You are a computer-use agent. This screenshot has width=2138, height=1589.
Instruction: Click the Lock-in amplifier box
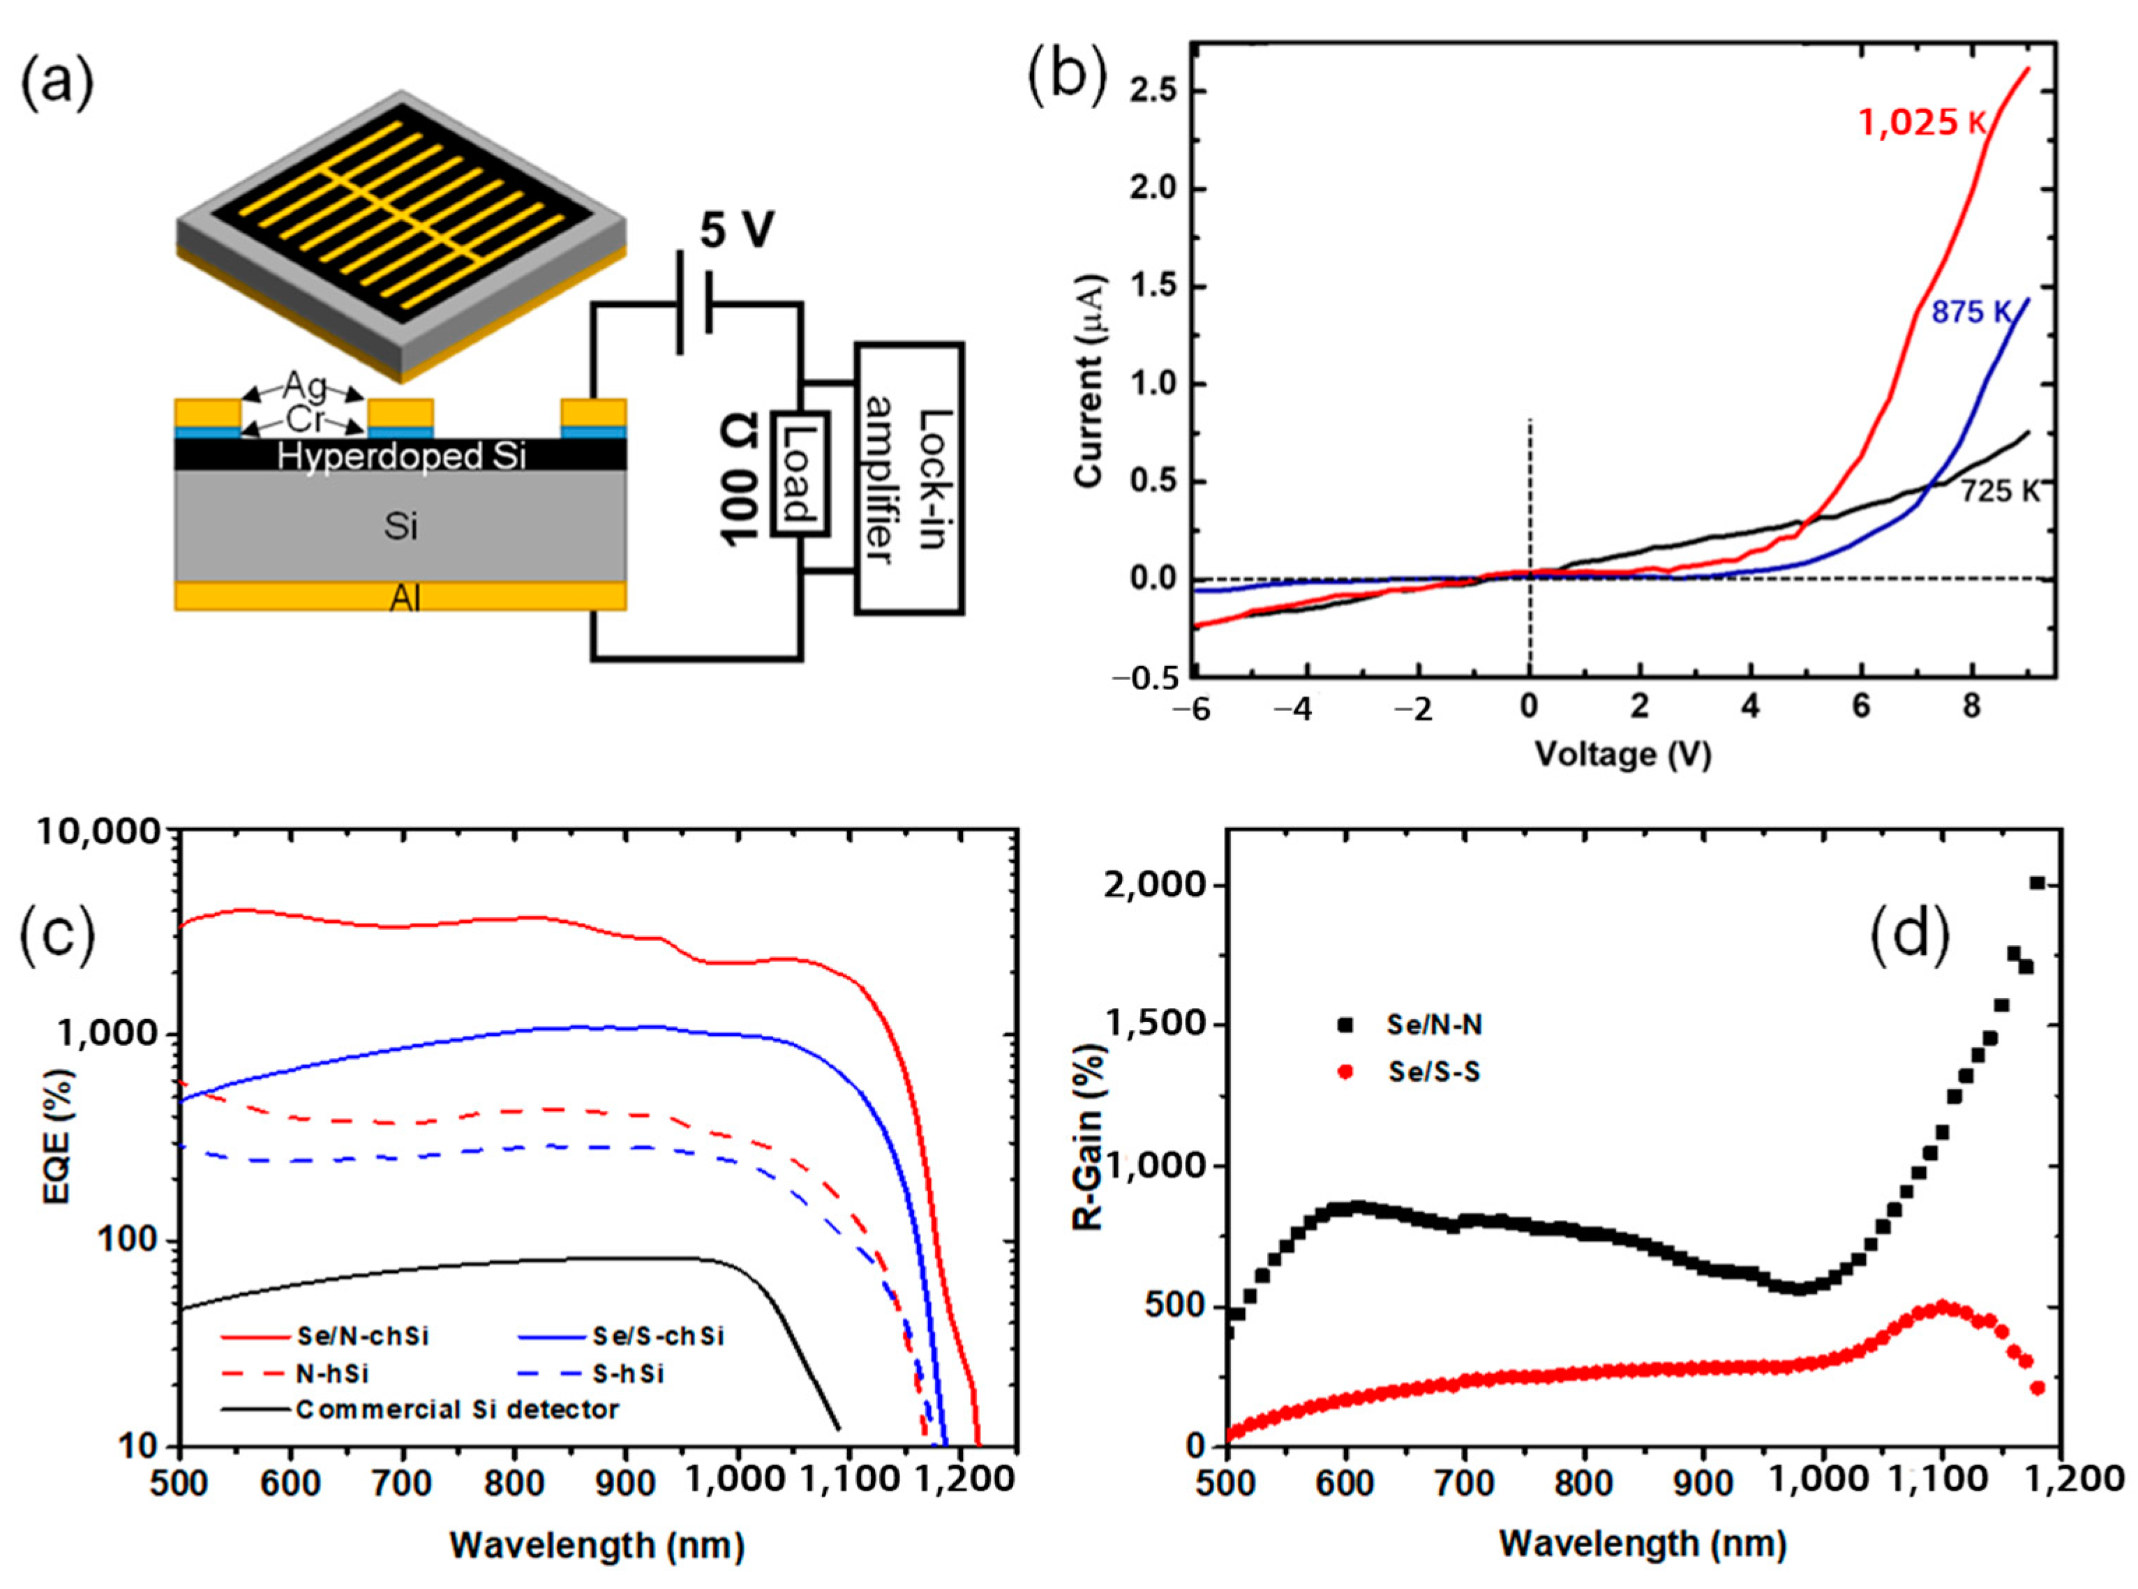tap(909, 478)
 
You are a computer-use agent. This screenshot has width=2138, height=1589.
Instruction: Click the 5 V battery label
tap(736, 231)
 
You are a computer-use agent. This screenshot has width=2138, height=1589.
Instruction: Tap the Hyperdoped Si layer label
tap(401, 456)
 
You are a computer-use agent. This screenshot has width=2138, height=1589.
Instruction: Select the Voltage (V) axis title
tap(1622, 753)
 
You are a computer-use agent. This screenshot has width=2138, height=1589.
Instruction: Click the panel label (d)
tap(1910, 933)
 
